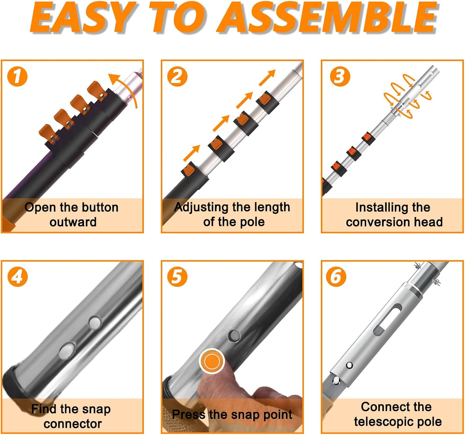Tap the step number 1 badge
pos(17,76)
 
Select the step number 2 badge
pos(177,76)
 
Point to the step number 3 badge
pos(340,76)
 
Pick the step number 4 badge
pos(17,277)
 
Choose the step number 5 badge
pos(177,277)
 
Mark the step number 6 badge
pos(336,277)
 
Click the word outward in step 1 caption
pos(73,222)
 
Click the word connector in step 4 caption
pos(73,424)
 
